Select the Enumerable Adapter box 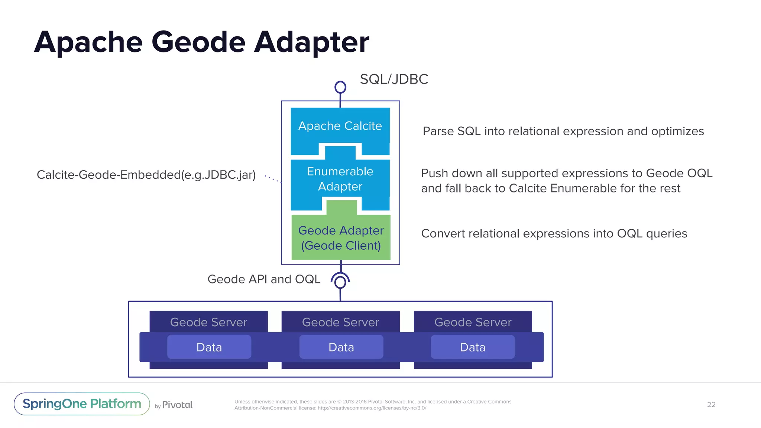(x=340, y=179)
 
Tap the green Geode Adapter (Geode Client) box (x=341, y=238)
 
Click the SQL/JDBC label (x=394, y=79)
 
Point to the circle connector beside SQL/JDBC (x=340, y=87)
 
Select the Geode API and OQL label (x=264, y=279)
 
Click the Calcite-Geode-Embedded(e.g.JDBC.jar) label (x=146, y=175)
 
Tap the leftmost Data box (x=209, y=347)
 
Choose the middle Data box (x=341, y=347)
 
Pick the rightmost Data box (x=472, y=347)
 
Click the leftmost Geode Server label (x=208, y=322)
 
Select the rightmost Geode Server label (x=473, y=322)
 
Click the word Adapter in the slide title (x=311, y=42)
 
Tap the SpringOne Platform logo (x=82, y=404)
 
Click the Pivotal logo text (x=177, y=405)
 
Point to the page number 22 (x=711, y=405)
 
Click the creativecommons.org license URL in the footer (x=372, y=408)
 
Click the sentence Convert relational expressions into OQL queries (x=554, y=233)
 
